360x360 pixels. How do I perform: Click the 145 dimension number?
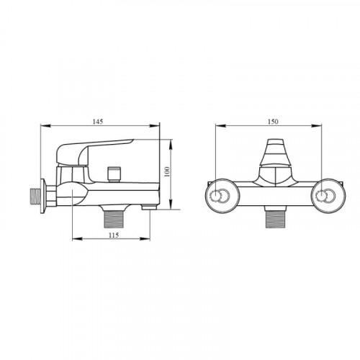98,122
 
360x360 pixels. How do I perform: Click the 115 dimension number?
114,235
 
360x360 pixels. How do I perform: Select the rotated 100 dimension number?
167,171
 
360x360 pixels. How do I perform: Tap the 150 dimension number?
273,122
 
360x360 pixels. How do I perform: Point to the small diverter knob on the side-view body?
114,174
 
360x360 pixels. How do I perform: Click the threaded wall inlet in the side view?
35,197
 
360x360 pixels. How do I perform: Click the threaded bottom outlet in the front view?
275,219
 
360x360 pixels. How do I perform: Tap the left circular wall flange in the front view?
221,196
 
